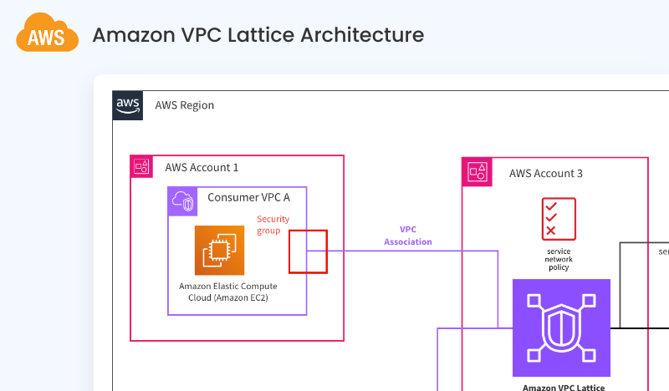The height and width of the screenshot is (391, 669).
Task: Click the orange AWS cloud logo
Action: tap(47, 35)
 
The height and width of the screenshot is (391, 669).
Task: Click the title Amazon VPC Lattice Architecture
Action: tap(258, 35)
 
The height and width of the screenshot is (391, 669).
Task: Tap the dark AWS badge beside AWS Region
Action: tap(128, 105)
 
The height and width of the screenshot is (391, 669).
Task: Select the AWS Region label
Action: tap(185, 105)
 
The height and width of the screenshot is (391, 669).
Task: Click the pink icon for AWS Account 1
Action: tap(142, 166)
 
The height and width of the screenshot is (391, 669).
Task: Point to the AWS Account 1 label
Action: tap(202, 167)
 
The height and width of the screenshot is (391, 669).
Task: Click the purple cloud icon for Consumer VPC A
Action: tap(182, 201)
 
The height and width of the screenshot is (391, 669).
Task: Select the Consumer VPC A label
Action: tap(248, 198)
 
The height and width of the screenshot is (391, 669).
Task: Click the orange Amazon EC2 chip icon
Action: tap(219, 250)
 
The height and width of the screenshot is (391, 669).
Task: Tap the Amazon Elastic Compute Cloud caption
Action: tap(228, 292)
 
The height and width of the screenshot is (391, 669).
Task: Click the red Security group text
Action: tap(273, 225)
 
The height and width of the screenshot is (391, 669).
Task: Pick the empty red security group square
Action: tap(308, 251)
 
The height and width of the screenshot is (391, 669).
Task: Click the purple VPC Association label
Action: tap(408, 235)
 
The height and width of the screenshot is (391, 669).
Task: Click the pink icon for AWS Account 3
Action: tap(477, 172)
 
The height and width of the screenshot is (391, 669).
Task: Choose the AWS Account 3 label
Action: tap(546, 174)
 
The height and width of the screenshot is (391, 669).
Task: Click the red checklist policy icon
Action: tap(559, 217)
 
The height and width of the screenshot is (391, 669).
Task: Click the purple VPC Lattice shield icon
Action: tap(561, 328)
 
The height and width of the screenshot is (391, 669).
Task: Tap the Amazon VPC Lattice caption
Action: tap(561, 387)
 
